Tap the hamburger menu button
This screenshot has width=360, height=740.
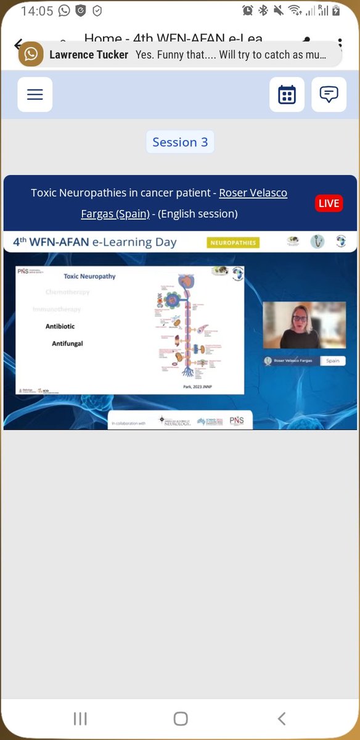(x=35, y=94)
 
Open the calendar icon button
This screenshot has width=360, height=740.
(x=287, y=94)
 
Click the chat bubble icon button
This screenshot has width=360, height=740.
(x=329, y=94)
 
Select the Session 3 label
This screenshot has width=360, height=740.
(x=180, y=142)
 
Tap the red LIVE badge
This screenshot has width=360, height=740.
(x=329, y=203)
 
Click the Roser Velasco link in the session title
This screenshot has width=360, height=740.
(x=253, y=193)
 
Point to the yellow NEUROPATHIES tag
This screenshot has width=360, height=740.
(x=233, y=243)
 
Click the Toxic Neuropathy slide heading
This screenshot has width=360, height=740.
(x=89, y=276)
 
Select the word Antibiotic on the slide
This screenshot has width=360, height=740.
(x=60, y=326)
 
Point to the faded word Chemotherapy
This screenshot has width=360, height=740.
(x=67, y=292)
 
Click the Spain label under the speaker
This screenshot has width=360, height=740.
(x=332, y=361)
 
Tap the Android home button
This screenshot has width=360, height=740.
(x=180, y=718)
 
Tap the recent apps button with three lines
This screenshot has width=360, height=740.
(x=80, y=718)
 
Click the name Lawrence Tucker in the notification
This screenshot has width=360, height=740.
(x=88, y=55)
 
